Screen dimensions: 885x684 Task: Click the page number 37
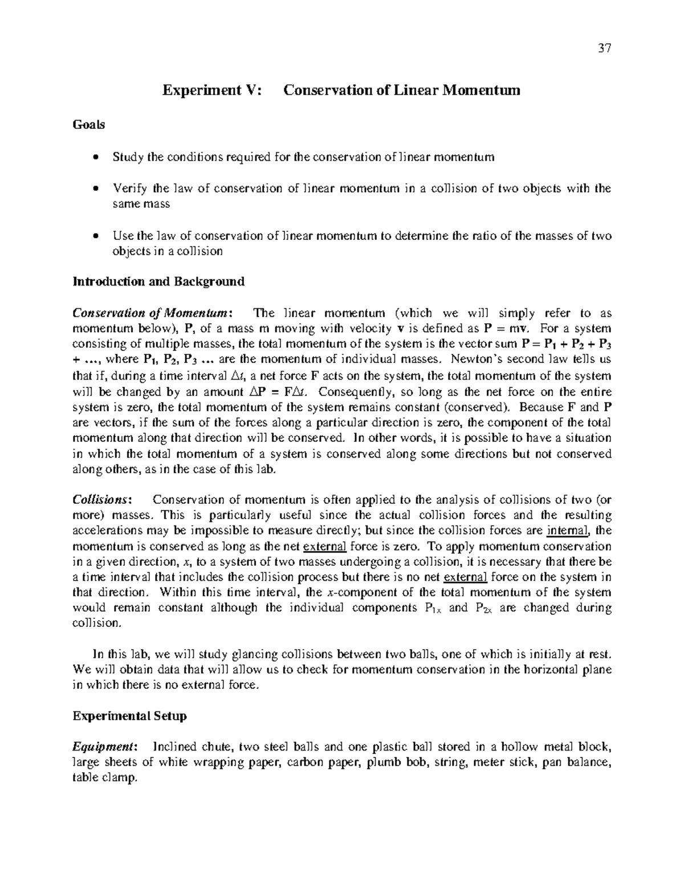tap(604, 48)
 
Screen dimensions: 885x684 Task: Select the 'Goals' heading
tap(88, 125)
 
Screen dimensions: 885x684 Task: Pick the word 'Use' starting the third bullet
tap(123, 236)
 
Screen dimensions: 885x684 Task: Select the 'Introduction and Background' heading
tap(158, 282)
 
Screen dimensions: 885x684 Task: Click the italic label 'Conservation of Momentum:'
tap(152, 313)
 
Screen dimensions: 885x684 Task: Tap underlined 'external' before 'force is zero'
tap(324, 547)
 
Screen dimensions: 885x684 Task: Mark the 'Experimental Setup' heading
tap(129, 716)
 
